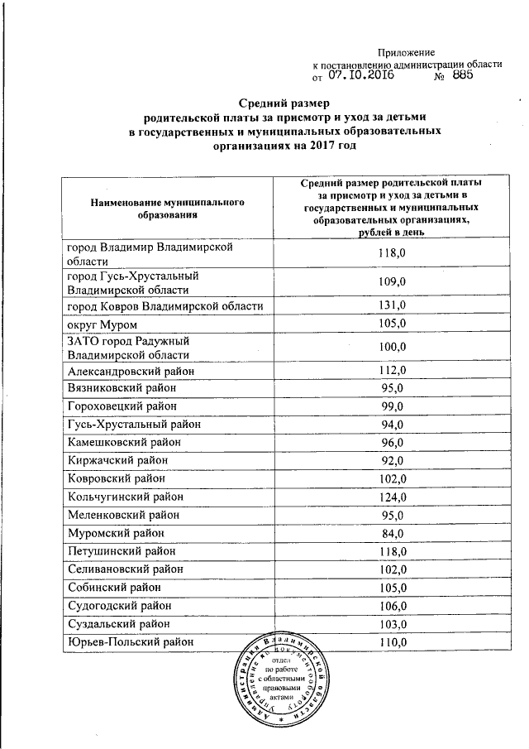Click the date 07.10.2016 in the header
(x=360, y=75)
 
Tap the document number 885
(x=462, y=75)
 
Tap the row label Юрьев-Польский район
(x=131, y=641)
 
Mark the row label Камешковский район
(x=123, y=442)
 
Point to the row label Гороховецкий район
(x=123, y=406)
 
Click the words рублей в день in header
(x=391, y=233)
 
